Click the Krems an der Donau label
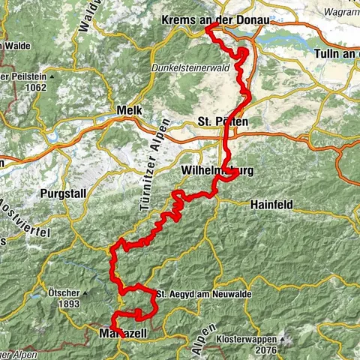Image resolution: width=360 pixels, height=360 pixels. point(214,19)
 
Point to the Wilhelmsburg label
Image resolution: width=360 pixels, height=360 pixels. point(217,171)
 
